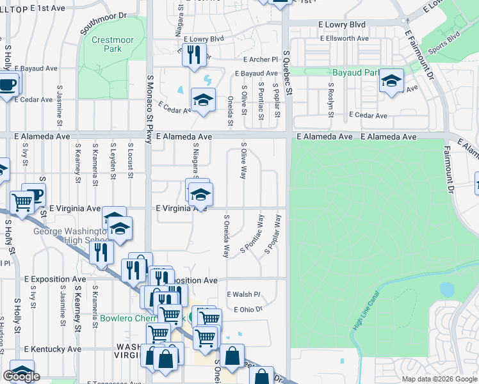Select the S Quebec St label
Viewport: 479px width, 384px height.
[x=288, y=74]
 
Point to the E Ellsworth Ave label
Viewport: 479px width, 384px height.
[x=344, y=38]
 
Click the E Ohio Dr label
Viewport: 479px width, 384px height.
[x=248, y=309]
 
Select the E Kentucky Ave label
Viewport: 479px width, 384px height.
[x=53, y=349]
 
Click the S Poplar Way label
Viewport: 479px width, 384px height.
[x=273, y=234]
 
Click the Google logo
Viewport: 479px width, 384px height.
[x=21, y=376]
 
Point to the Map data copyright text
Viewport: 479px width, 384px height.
[x=438, y=379]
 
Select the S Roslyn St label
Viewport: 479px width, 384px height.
[x=331, y=100]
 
